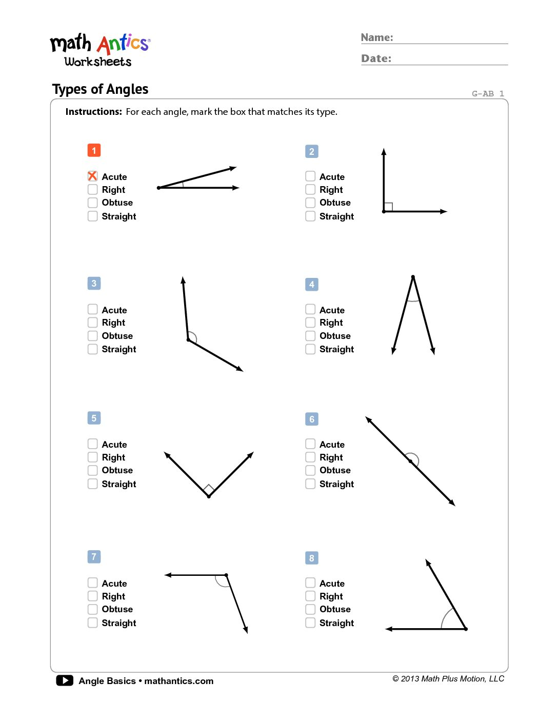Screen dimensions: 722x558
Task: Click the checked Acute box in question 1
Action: [92, 176]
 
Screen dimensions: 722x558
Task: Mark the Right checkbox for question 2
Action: [310, 190]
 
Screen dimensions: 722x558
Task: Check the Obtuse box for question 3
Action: [92, 336]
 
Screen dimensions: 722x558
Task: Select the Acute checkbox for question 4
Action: [310, 309]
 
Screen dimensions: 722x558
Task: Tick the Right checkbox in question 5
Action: [92, 457]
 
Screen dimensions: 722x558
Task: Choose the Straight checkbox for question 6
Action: [310, 484]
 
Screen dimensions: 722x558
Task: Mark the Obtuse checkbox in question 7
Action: [92, 609]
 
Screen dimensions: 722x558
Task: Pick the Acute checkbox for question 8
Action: [310, 583]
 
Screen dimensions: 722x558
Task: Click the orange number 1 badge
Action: [94, 150]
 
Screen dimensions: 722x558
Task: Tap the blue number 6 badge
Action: [311, 419]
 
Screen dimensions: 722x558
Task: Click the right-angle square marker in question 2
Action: [388, 207]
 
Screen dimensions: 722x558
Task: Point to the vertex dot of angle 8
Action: [466, 629]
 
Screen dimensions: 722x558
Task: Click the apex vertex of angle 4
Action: [413, 277]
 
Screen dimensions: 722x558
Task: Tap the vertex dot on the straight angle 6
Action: [410, 462]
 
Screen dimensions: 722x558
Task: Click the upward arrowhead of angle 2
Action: [384, 152]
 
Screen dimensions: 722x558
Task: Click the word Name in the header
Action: [376, 37]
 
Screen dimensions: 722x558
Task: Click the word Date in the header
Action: [375, 58]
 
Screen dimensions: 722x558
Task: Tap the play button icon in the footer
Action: [65, 680]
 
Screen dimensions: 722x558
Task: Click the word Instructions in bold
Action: [93, 112]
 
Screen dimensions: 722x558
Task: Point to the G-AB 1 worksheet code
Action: [488, 93]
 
